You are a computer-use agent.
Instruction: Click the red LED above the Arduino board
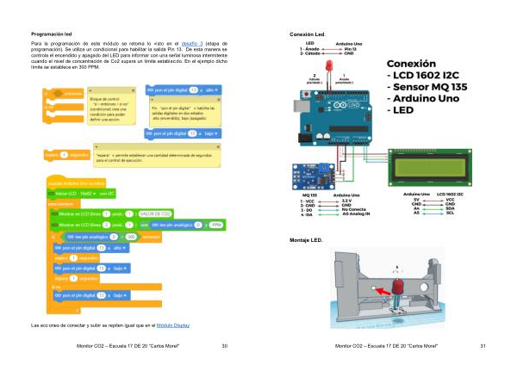(x=328, y=66)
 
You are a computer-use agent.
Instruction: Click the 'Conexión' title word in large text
(x=417, y=63)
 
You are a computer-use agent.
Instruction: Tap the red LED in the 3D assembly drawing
(x=398, y=285)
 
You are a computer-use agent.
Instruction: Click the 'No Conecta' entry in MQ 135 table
(x=354, y=209)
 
